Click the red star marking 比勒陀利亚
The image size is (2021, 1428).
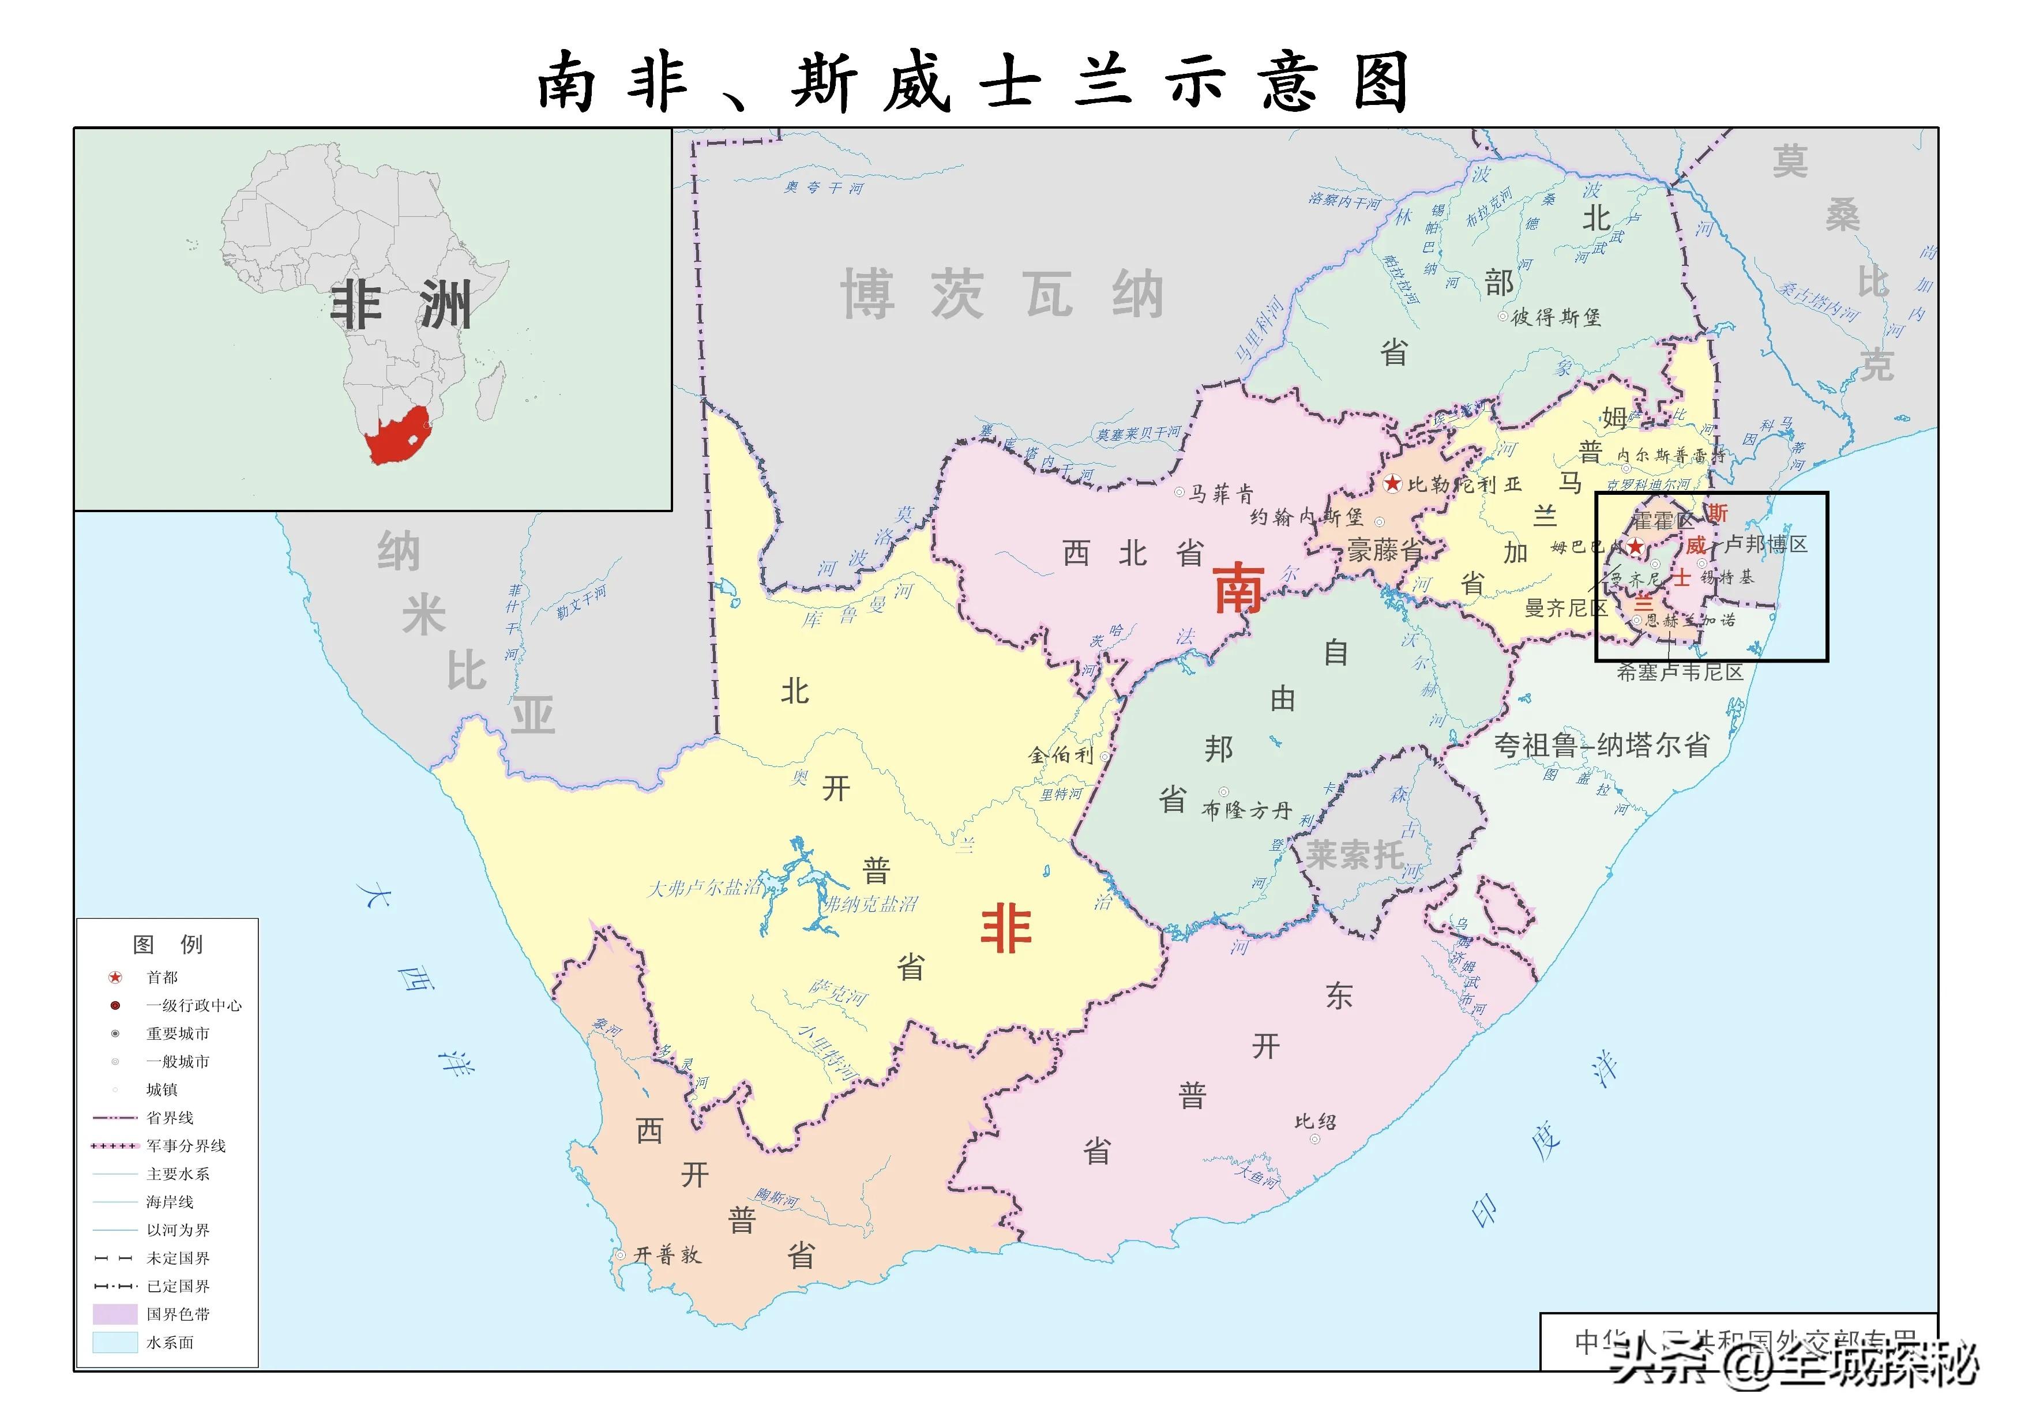[1392, 483]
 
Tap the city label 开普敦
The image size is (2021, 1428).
[667, 1254]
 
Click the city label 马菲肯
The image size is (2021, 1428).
[1221, 494]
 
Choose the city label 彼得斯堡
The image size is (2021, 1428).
[1556, 317]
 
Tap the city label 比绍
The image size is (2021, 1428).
[1315, 1121]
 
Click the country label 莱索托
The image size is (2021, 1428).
[1355, 855]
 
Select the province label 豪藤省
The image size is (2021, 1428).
[1385, 552]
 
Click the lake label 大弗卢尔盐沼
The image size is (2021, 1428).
[705, 888]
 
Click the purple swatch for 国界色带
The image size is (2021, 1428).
[115, 1314]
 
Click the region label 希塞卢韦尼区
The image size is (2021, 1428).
[1680, 672]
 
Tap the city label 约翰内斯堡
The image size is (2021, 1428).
[1306, 517]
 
